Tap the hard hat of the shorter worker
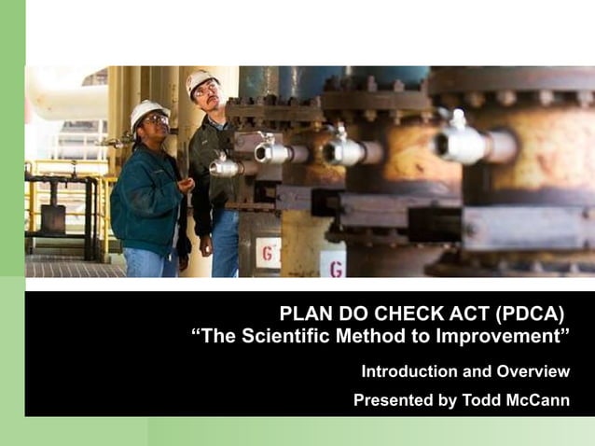[x=148, y=111]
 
